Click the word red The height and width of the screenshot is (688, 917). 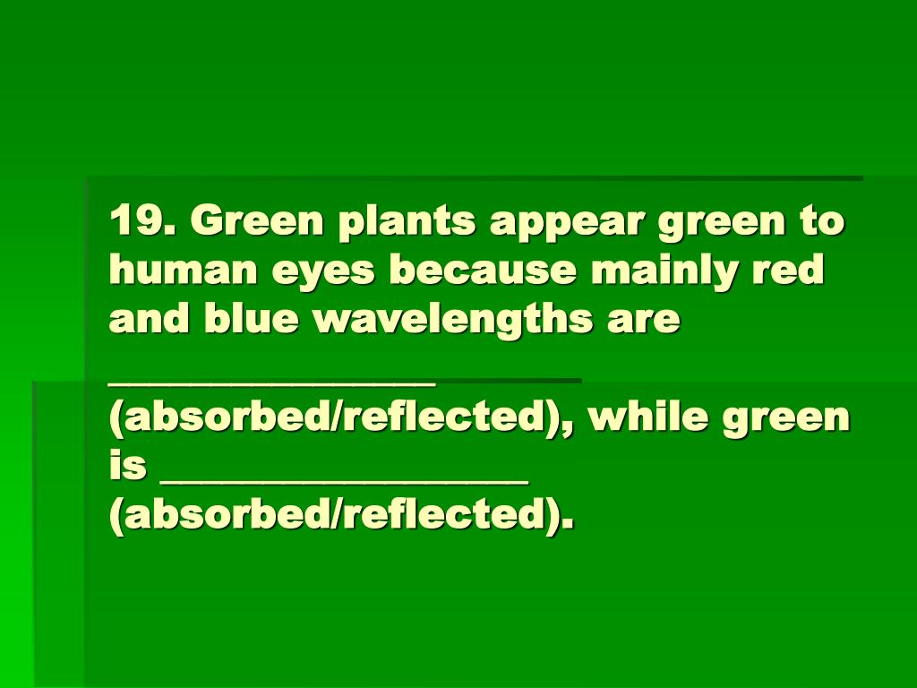tap(790, 271)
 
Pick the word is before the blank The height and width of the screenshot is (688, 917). tap(128, 467)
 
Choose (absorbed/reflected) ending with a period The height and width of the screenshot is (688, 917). tap(340, 517)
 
